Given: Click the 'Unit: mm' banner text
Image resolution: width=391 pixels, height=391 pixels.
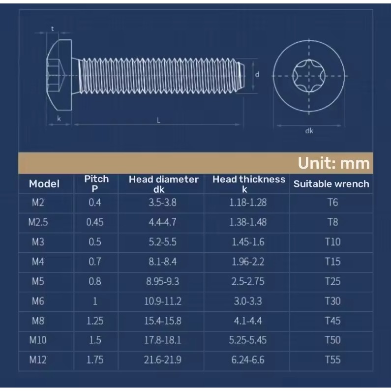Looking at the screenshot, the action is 333,163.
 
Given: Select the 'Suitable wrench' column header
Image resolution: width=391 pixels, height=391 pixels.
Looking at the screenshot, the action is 331,184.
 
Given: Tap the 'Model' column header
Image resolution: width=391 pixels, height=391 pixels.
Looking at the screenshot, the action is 44,184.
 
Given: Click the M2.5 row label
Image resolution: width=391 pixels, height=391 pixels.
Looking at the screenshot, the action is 38,222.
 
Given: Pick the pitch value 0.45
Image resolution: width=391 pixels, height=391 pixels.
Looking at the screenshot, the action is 95,222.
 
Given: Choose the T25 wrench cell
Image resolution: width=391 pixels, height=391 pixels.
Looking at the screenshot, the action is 332,281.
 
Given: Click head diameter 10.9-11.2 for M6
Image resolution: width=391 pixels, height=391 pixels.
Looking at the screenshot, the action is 163,301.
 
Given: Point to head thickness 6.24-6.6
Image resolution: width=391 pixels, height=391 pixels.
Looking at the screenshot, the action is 247,360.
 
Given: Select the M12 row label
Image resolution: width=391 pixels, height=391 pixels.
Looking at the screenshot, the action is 38,360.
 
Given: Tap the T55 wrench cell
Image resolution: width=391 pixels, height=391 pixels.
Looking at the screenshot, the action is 332,360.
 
